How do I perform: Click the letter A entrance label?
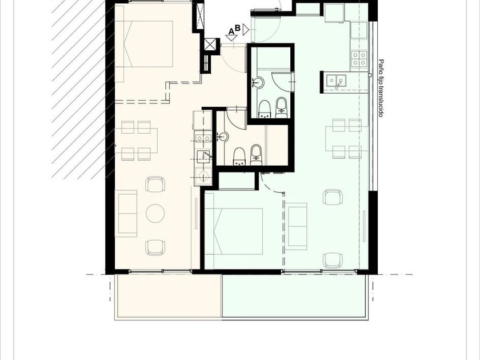point(232,31)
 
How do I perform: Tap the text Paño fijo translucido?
point(381,88)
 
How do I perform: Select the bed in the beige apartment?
point(148,44)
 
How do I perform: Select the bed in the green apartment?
point(234,231)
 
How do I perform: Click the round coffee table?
point(155,213)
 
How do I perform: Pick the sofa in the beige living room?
point(126,213)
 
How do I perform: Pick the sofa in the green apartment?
point(298,225)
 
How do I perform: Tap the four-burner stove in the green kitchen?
point(359,59)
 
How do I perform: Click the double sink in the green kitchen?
point(335,82)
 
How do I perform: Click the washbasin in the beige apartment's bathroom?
point(223,137)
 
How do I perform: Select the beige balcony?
point(168,297)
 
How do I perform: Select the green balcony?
point(295,297)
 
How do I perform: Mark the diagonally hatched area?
point(79,89)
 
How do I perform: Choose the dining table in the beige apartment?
point(137,141)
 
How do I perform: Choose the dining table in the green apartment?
point(346,139)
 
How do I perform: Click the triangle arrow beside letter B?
point(246,30)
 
